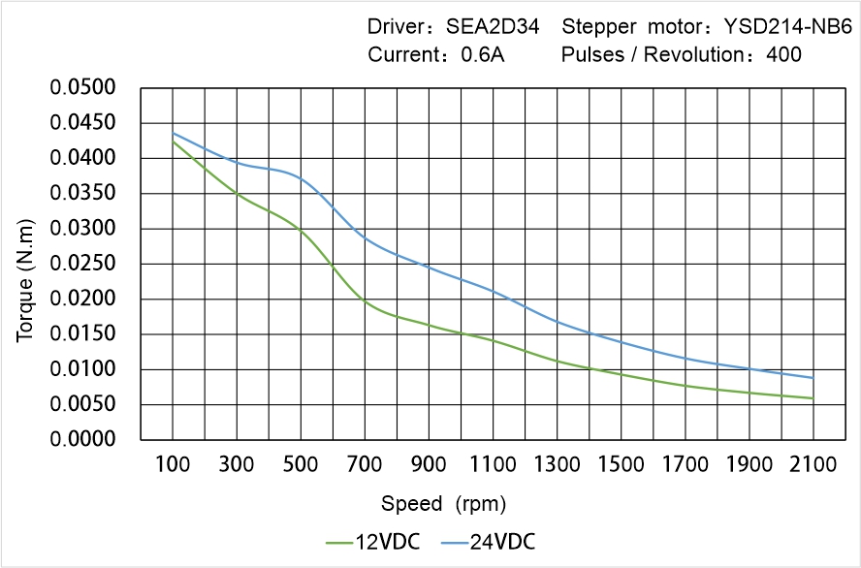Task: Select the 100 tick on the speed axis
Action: (174, 464)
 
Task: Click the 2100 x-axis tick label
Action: (813, 464)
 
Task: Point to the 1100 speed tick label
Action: (493, 464)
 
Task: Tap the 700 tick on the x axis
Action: (366, 464)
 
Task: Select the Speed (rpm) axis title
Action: (443, 504)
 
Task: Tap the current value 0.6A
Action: (483, 54)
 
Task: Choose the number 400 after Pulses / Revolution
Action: (783, 54)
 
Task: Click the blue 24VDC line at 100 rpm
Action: (174, 133)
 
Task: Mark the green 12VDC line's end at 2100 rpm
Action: (813, 397)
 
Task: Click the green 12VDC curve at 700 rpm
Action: (366, 301)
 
